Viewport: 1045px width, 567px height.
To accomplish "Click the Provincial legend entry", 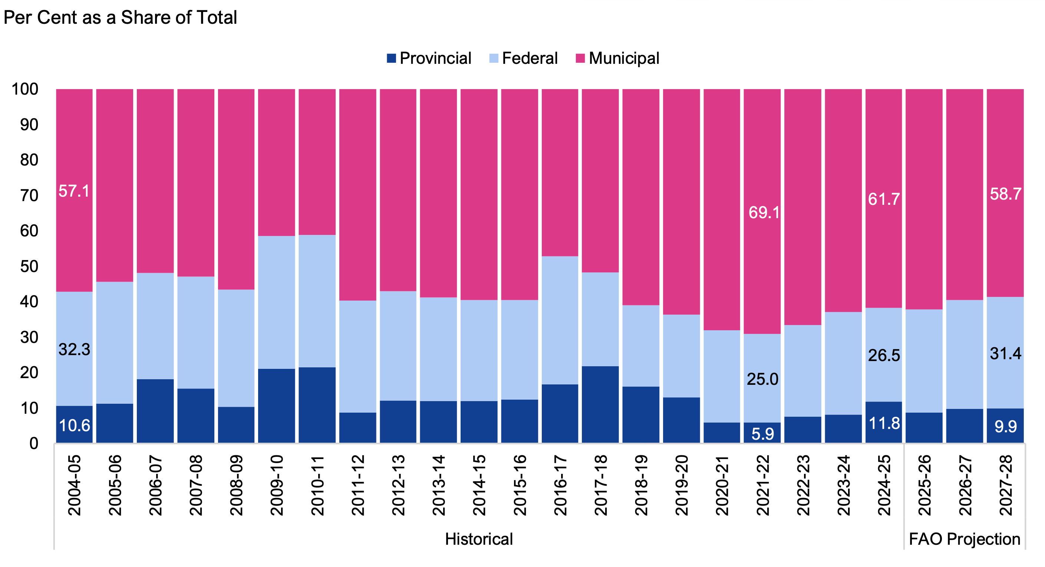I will (429, 58).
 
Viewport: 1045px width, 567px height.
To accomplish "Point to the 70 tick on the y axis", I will (29, 196).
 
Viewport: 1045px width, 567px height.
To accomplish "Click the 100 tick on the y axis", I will (25, 89).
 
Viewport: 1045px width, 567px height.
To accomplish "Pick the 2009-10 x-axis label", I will (277, 485).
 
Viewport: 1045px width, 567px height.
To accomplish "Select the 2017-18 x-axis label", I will (600, 485).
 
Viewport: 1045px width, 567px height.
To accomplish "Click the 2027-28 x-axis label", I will (1005, 485).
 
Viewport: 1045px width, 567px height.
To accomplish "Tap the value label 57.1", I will (74, 191).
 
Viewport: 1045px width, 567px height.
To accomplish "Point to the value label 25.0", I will (763, 379).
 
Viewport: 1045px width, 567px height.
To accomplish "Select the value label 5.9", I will (763, 434).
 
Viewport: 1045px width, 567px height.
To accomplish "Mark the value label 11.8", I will (884, 423).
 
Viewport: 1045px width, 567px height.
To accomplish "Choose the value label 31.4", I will (1005, 354).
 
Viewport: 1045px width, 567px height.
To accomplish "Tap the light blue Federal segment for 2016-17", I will (560, 320).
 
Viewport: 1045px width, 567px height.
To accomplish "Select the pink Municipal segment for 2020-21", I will (722, 209).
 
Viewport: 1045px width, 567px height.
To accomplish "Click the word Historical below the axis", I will (479, 539).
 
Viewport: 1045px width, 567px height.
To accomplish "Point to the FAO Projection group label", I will (964, 539).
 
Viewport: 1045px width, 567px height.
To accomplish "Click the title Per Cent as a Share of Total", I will (120, 18).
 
